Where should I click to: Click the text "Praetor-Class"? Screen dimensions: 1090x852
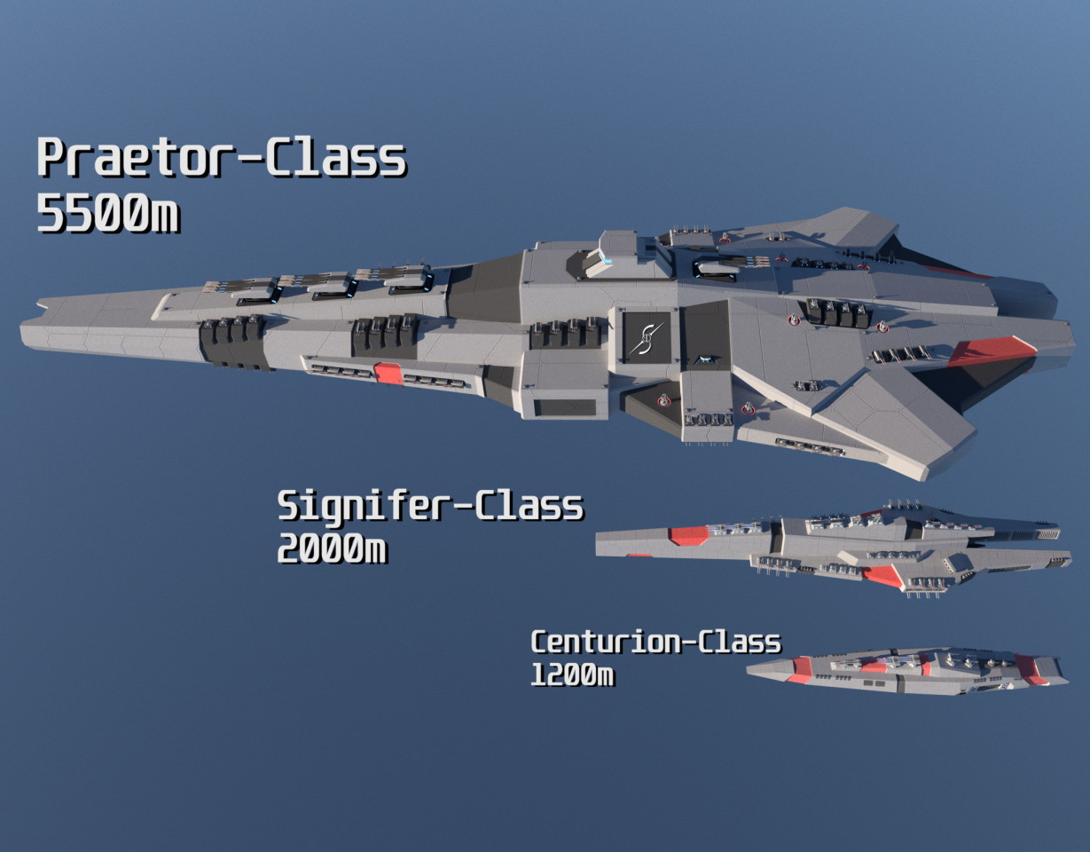tap(221, 158)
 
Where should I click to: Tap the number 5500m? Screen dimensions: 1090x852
tap(108, 213)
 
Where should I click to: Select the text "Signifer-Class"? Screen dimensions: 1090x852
tap(430, 506)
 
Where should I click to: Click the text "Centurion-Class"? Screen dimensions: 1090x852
tap(656, 643)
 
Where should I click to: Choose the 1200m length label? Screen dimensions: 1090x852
tap(572, 674)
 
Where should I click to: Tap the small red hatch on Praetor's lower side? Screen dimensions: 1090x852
tap(388, 373)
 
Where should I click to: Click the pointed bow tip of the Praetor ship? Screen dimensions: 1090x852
tap(22, 330)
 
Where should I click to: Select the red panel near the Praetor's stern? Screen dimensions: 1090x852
tap(991, 351)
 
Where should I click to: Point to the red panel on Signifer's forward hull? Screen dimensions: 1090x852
tap(688, 535)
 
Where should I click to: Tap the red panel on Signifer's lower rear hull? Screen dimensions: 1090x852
tap(882, 576)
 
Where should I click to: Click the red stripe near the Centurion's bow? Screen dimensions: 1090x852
tap(800, 670)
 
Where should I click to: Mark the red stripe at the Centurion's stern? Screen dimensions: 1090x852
tap(1030, 670)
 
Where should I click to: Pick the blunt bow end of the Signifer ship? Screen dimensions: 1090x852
tap(598, 544)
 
